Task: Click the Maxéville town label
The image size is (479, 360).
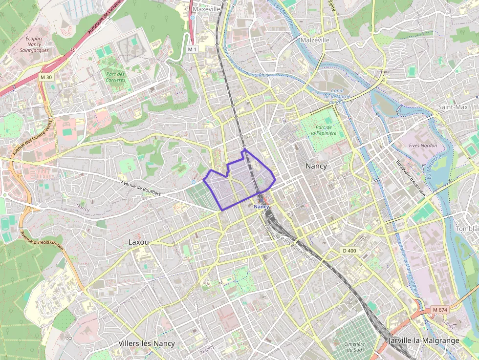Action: point(207,9)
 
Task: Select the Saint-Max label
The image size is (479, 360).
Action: point(453,107)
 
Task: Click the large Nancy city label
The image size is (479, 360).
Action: point(316,166)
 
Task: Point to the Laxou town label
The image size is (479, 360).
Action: point(138,242)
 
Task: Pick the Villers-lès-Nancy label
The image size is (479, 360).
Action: point(147,343)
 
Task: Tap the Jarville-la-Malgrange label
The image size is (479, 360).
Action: point(424,340)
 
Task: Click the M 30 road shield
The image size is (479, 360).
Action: point(46,77)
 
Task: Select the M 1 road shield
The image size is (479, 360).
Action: point(192,49)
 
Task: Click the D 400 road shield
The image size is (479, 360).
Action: point(349,251)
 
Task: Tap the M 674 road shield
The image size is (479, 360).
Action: point(440,310)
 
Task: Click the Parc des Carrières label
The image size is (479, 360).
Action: point(115,77)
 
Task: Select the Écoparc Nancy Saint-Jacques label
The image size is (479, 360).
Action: point(34,44)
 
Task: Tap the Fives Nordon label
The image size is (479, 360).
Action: point(423,146)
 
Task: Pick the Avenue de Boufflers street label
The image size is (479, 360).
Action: point(141,188)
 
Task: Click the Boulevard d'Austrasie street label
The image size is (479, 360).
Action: point(411,179)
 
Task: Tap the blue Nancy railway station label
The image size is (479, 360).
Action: point(261,207)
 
